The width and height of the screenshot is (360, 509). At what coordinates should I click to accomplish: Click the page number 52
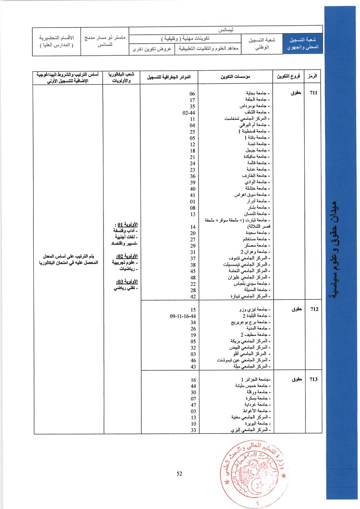tap(179, 473)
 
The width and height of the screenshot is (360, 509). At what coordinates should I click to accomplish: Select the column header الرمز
tap(312, 77)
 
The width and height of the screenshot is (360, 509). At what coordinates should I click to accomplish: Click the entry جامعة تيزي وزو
tap(255, 310)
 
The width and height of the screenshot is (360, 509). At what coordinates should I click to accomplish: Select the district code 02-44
tap(189, 113)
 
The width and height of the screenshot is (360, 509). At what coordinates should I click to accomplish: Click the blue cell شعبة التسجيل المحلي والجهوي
tap(301, 43)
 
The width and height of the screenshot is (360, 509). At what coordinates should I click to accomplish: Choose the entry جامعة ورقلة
tap(259, 392)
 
